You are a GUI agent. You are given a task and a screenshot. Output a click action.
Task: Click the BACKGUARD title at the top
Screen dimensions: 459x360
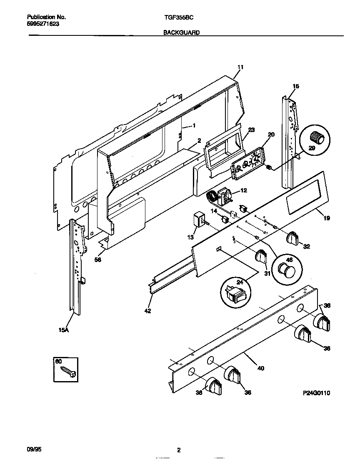tap(181, 32)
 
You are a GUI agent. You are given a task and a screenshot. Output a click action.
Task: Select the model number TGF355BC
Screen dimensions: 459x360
tap(178, 17)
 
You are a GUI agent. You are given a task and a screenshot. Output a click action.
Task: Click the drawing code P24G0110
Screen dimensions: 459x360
tap(316, 393)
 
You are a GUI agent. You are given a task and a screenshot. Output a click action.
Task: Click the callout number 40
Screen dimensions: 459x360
tap(260, 368)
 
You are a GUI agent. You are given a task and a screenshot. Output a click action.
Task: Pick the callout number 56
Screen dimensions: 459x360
tap(98, 259)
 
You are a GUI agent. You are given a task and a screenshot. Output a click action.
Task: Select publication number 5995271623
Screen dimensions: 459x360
tap(43, 24)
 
